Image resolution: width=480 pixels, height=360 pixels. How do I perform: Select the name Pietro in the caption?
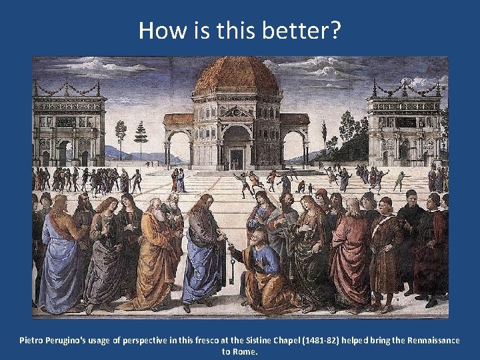[x=33, y=340]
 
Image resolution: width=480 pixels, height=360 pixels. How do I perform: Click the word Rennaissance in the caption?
[x=431, y=340]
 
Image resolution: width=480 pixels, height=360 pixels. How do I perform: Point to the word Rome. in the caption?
[x=245, y=351]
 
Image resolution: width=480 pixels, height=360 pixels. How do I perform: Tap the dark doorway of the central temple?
[x=237, y=159]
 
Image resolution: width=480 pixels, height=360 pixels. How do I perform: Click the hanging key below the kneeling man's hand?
[x=232, y=272]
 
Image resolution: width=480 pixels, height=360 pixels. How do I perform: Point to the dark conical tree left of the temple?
[x=141, y=133]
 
